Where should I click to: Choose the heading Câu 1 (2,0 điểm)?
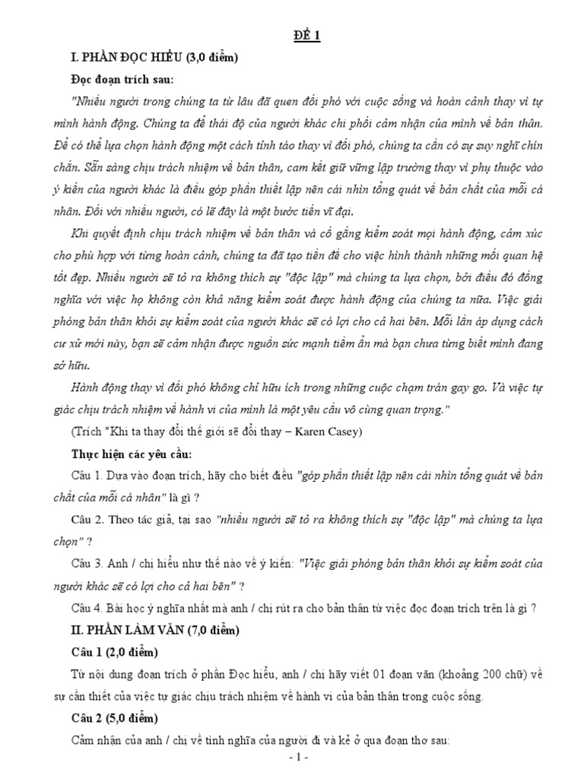pos(114,653)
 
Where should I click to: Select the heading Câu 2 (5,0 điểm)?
pos(114,718)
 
